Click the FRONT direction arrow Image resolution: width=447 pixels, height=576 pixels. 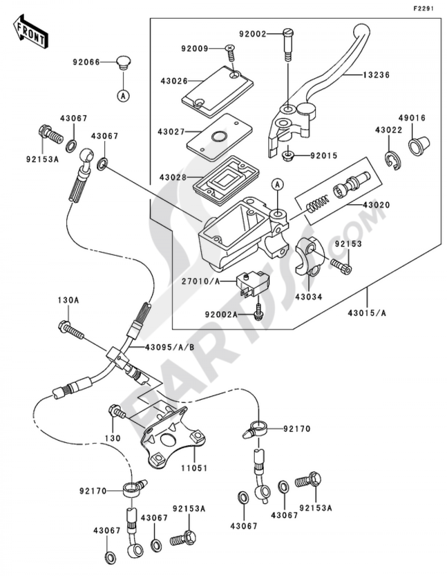[x=30, y=32]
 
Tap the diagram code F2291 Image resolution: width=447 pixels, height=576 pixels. [x=423, y=9]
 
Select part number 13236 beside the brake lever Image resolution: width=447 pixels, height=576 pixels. [x=376, y=75]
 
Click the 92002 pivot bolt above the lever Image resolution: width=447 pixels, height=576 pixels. [x=288, y=45]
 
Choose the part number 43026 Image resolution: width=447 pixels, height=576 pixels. [x=174, y=81]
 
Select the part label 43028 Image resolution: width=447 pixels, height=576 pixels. [x=173, y=177]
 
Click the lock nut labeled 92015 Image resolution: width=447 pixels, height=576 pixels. [x=288, y=155]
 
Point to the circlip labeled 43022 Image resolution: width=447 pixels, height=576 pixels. [x=393, y=160]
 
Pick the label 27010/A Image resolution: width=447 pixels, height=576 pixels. [x=201, y=281]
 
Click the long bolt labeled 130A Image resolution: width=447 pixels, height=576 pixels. [x=71, y=329]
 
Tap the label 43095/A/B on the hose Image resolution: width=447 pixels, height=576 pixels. [x=169, y=347]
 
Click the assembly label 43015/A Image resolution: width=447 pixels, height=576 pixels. [x=367, y=313]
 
